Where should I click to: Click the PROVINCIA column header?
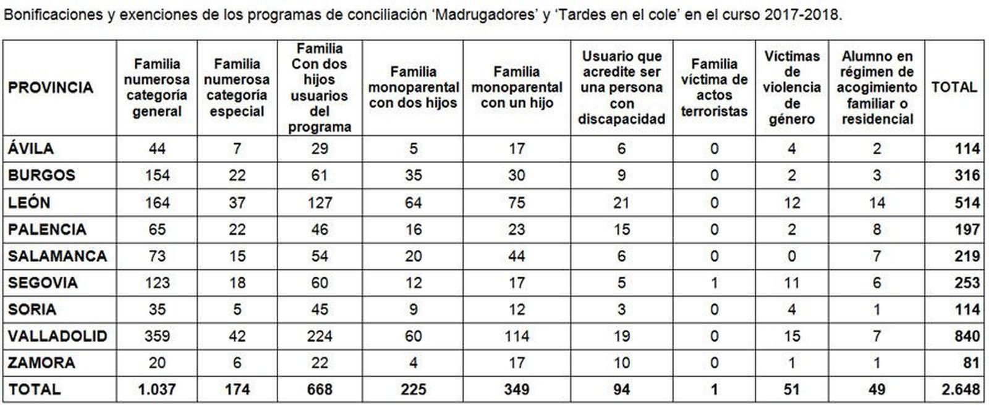(51, 88)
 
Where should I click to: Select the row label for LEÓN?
(29, 203)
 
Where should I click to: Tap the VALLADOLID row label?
(57, 336)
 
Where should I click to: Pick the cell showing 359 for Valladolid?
(157, 336)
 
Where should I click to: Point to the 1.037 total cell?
(157, 389)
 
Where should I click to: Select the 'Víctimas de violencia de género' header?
(792, 88)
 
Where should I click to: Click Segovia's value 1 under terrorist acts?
(714, 283)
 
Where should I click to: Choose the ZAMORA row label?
(41, 363)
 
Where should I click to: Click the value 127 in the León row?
(320, 203)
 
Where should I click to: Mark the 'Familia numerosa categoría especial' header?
(237, 88)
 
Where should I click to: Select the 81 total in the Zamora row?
(971, 363)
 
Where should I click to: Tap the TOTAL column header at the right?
(954, 88)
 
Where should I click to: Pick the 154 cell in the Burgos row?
(157, 175)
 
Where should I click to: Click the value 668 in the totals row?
(320, 389)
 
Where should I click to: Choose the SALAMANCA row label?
(57, 256)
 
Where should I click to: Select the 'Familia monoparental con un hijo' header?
(517, 88)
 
